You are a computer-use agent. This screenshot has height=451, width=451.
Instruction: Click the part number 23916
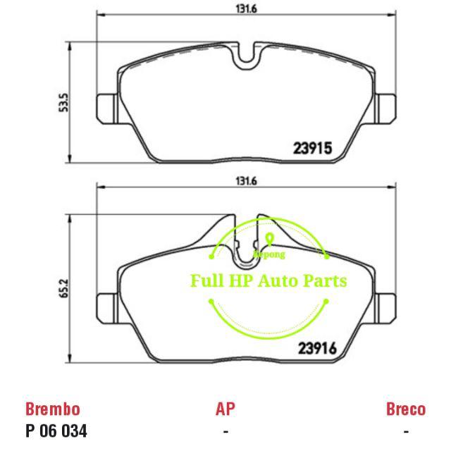click(321, 347)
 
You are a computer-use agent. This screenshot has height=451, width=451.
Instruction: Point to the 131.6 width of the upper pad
click(246, 8)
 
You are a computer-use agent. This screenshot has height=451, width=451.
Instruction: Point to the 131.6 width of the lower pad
click(246, 181)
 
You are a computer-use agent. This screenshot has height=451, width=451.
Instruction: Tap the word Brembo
click(52, 409)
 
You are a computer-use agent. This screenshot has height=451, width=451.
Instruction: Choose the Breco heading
click(406, 409)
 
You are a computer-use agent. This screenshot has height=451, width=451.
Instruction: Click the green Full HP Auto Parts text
click(268, 281)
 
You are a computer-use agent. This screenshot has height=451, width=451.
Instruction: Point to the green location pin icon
click(269, 237)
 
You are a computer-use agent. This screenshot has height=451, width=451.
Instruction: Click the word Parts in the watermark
click(326, 281)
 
